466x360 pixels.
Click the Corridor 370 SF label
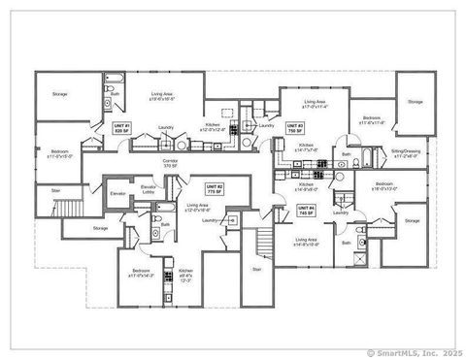[x=171, y=164]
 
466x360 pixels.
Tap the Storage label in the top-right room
[x=415, y=101]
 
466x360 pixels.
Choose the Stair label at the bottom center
[x=257, y=269]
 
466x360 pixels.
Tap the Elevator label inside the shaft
[x=117, y=194]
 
